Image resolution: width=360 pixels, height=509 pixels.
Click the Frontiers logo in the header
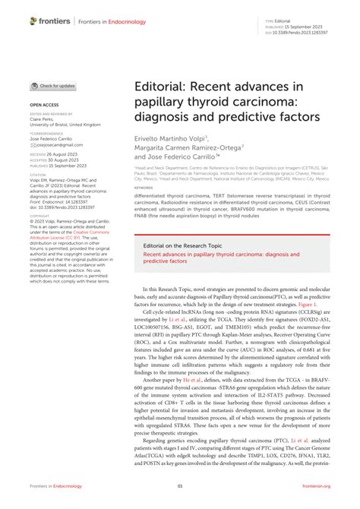51,21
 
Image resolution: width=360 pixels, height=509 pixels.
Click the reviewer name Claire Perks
42,119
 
